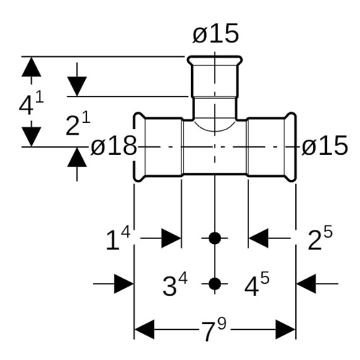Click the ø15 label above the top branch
point(215,34)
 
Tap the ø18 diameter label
point(114,145)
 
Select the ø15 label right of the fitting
point(325,145)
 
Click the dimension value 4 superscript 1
point(32,104)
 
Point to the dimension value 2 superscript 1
point(78,125)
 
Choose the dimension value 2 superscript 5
point(320,238)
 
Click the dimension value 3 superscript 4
point(175,284)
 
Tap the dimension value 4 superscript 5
point(257,284)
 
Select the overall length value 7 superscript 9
point(214,330)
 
